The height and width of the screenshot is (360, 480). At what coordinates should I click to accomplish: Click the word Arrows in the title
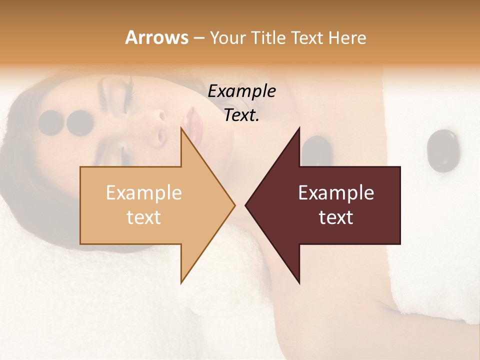[x=156, y=37]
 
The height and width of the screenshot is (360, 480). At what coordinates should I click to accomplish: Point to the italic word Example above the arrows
[x=241, y=91]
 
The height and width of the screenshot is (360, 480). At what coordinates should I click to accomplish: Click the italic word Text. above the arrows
[x=241, y=115]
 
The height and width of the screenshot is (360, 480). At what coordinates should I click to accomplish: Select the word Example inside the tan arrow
[x=143, y=193]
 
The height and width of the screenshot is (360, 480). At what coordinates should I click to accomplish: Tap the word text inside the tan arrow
[x=143, y=217]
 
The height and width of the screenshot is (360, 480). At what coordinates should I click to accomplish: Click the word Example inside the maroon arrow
[x=336, y=193]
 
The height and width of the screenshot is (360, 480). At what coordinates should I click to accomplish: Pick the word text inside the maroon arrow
[x=336, y=217]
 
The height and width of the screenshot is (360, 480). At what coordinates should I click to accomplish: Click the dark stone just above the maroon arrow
[x=317, y=150]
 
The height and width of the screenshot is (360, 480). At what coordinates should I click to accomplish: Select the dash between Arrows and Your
[x=198, y=38]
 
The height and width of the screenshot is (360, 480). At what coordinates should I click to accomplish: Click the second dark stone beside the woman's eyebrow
[x=80, y=122]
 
